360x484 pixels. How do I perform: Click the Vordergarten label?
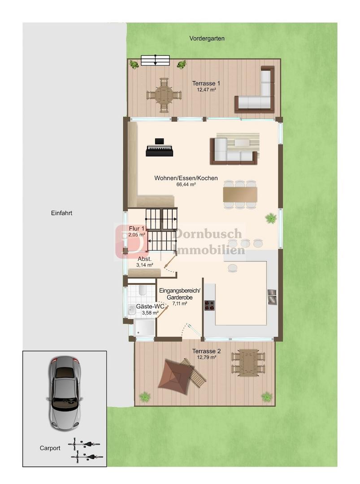pyautogui.click(x=207, y=39)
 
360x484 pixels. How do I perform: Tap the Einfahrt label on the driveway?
pyautogui.click(x=62, y=213)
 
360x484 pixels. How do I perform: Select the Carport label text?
pyautogui.click(x=50, y=448)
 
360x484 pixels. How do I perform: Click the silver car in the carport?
pyautogui.click(x=65, y=393)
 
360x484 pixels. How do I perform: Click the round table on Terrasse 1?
pyautogui.click(x=164, y=95)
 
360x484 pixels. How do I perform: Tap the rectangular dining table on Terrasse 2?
pyautogui.click(x=248, y=363)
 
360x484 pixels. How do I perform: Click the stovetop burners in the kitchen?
pyautogui.click(x=209, y=305)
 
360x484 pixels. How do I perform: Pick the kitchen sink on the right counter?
pyautogui.click(x=272, y=297)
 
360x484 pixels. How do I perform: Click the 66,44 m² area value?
pyautogui.click(x=186, y=185)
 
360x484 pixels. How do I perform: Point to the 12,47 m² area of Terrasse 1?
pyautogui.click(x=206, y=90)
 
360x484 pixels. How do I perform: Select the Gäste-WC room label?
pyautogui.click(x=150, y=307)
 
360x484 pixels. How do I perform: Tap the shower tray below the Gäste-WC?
pyautogui.click(x=144, y=328)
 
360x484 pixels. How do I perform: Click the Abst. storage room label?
pyautogui.click(x=144, y=259)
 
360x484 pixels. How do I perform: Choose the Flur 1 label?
pyautogui.click(x=136, y=229)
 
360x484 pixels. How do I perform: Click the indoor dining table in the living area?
pyautogui.click(x=240, y=194)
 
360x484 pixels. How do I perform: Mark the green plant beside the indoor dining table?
pyautogui.click(x=270, y=218)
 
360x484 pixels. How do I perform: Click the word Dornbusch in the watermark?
pyautogui.click(x=208, y=233)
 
